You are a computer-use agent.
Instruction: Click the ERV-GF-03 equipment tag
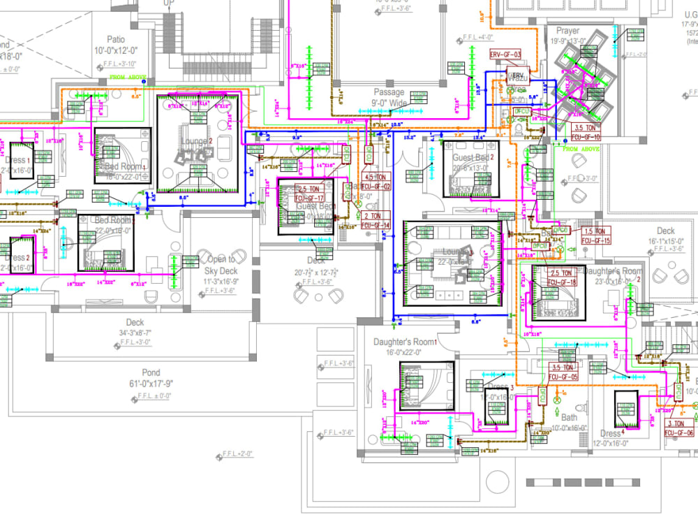point(505,54)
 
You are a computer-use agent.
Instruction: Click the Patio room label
point(116,39)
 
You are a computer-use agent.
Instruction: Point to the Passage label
point(389,92)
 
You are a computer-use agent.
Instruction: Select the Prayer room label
point(567,31)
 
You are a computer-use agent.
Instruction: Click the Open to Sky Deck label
point(221,265)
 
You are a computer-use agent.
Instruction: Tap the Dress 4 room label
point(611,434)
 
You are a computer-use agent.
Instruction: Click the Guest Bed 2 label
point(473,158)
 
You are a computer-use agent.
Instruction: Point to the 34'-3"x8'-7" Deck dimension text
point(135,333)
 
